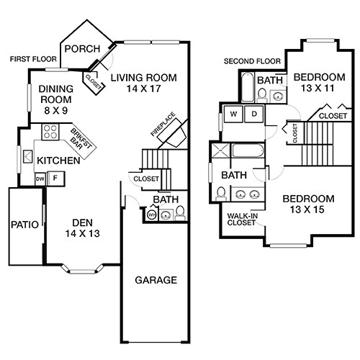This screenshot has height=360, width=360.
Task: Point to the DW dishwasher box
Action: tap(40, 178)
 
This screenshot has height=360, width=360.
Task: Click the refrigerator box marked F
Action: tap(53, 178)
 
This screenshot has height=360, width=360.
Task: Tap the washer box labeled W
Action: tap(234, 114)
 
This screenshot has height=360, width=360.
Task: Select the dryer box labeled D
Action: tap(254, 114)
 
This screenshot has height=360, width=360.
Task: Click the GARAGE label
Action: tap(156, 280)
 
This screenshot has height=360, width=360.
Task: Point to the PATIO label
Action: tap(24, 224)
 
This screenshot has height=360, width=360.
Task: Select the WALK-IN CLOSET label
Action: tap(243, 219)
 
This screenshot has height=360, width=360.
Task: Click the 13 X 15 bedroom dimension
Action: tap(308, 210)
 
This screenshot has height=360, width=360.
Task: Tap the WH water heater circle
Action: tap(152, 214)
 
